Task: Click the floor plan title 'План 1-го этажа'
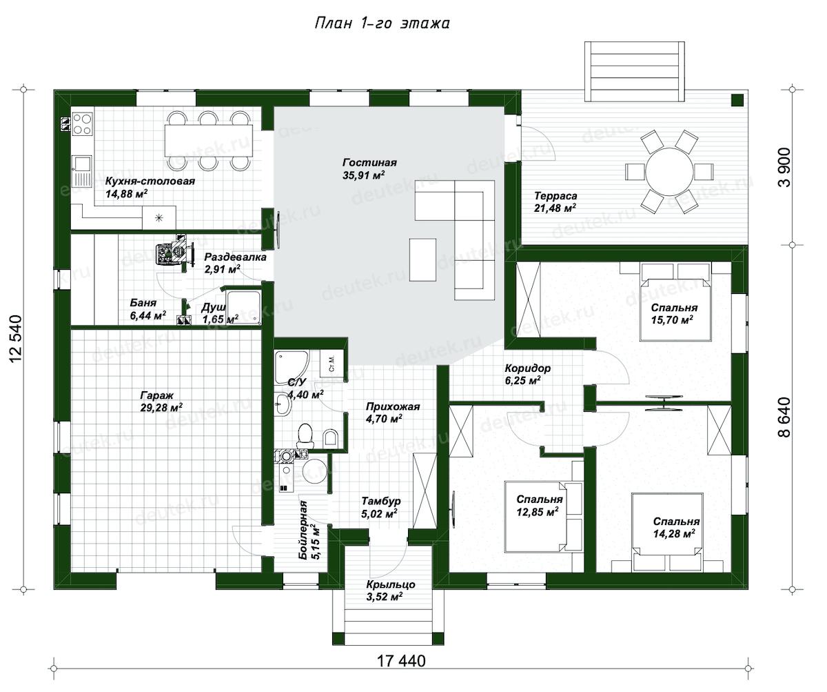[x=382, y=23]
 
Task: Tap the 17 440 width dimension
[x=401, y=661]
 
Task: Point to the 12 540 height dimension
[x=16, y=339]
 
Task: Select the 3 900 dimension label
[x=784, y=167]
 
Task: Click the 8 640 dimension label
[x=784, y=417]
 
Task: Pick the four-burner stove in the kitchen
[x=83, y=124]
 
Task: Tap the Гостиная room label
[x=369, y=163]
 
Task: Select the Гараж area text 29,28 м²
[x=161, y=408]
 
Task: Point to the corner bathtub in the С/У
[x=291, y=366]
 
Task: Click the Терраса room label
[x=555, y=196]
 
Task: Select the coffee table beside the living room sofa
[x=422, y=259]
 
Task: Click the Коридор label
[x=527, y=368]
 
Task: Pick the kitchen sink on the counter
[x=82, y=170]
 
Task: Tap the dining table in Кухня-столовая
[x=209, y=141]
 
